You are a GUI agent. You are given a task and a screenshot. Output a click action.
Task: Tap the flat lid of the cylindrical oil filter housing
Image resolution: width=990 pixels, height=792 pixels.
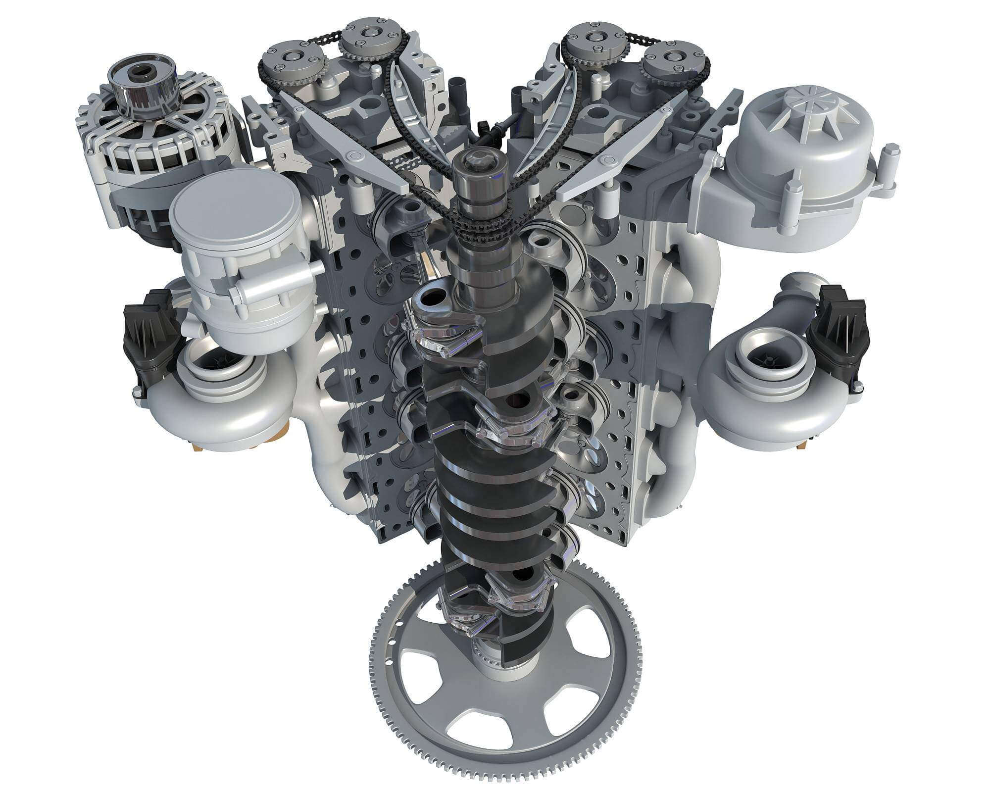(x=235, y=199)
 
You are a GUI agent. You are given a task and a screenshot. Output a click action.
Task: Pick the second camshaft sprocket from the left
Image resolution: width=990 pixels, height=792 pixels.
(x=369, y=36)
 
